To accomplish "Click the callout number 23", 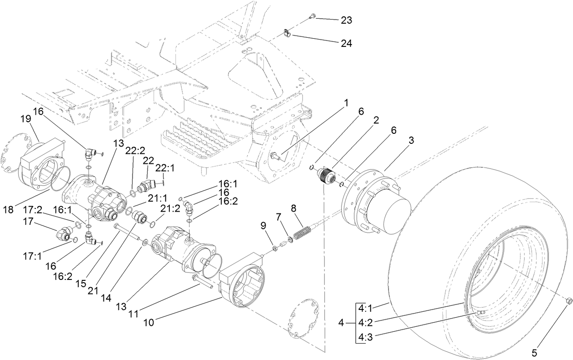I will tap(346, 20).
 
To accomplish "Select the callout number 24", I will tap(346, 43).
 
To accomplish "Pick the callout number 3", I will tap(411, 141).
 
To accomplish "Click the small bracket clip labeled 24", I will tap(286, 34).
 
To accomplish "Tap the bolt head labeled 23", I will tap(312, 17).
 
